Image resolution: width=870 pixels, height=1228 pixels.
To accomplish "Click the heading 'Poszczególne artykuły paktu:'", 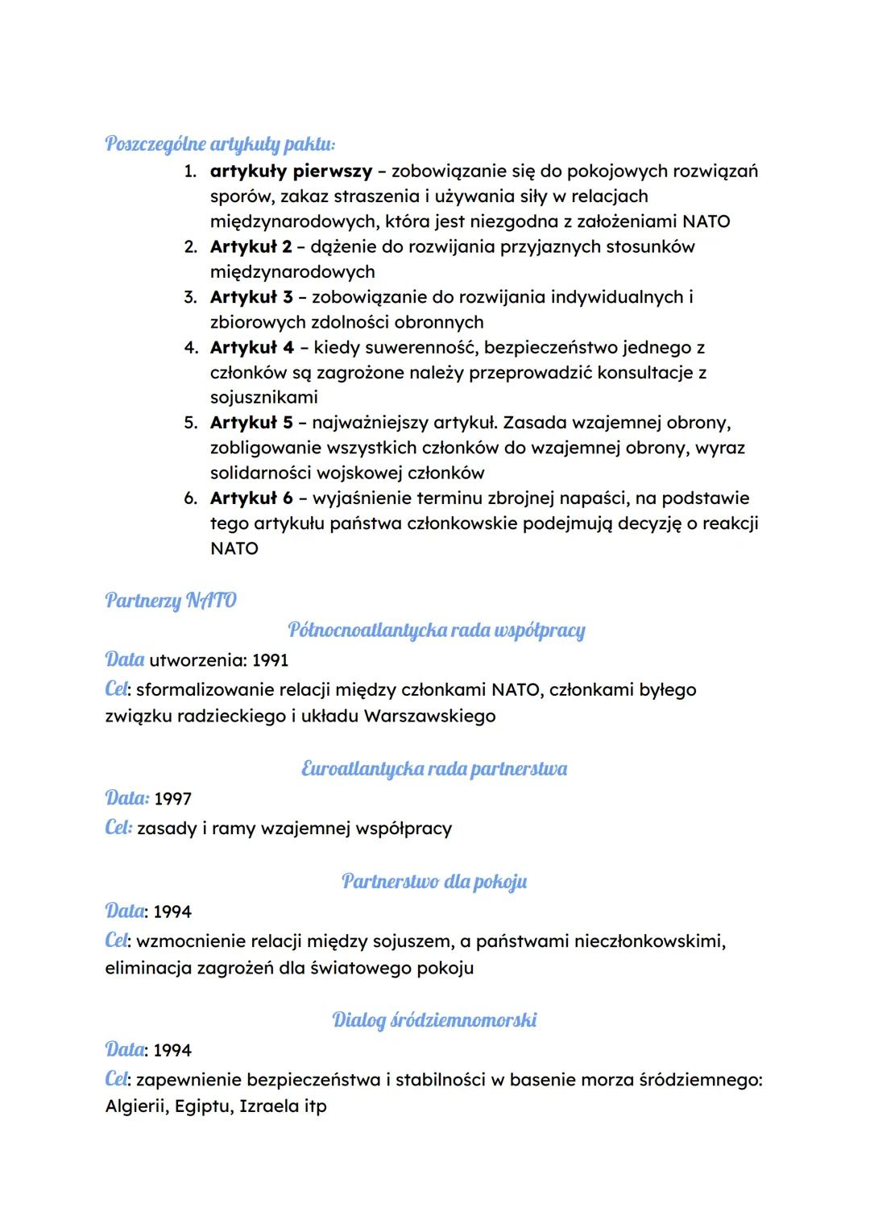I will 220,144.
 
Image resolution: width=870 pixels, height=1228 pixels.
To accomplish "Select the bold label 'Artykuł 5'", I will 251,423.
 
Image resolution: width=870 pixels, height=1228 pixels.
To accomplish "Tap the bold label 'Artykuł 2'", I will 251,246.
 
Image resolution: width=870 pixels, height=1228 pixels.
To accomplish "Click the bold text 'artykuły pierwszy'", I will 291,172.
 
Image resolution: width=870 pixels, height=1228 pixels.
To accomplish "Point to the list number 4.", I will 190,348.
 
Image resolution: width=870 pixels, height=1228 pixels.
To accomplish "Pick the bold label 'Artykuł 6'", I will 251,498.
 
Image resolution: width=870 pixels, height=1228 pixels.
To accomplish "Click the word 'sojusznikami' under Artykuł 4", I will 263,398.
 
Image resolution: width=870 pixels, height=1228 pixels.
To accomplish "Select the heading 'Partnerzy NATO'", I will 171,601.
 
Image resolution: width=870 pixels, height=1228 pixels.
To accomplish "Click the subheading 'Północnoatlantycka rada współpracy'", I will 436,631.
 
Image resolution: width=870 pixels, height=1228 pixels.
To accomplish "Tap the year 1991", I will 270,661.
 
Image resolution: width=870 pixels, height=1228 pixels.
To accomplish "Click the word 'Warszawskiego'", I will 429,716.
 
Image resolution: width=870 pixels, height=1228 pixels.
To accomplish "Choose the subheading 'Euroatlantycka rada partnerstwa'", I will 434,769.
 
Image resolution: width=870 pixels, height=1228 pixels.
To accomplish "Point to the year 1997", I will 172,800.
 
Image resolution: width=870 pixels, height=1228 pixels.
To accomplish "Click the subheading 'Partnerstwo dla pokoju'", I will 434,882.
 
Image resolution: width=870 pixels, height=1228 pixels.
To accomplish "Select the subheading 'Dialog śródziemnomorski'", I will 434,1020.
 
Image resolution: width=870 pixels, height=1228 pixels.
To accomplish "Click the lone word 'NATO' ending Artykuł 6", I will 234,549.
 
